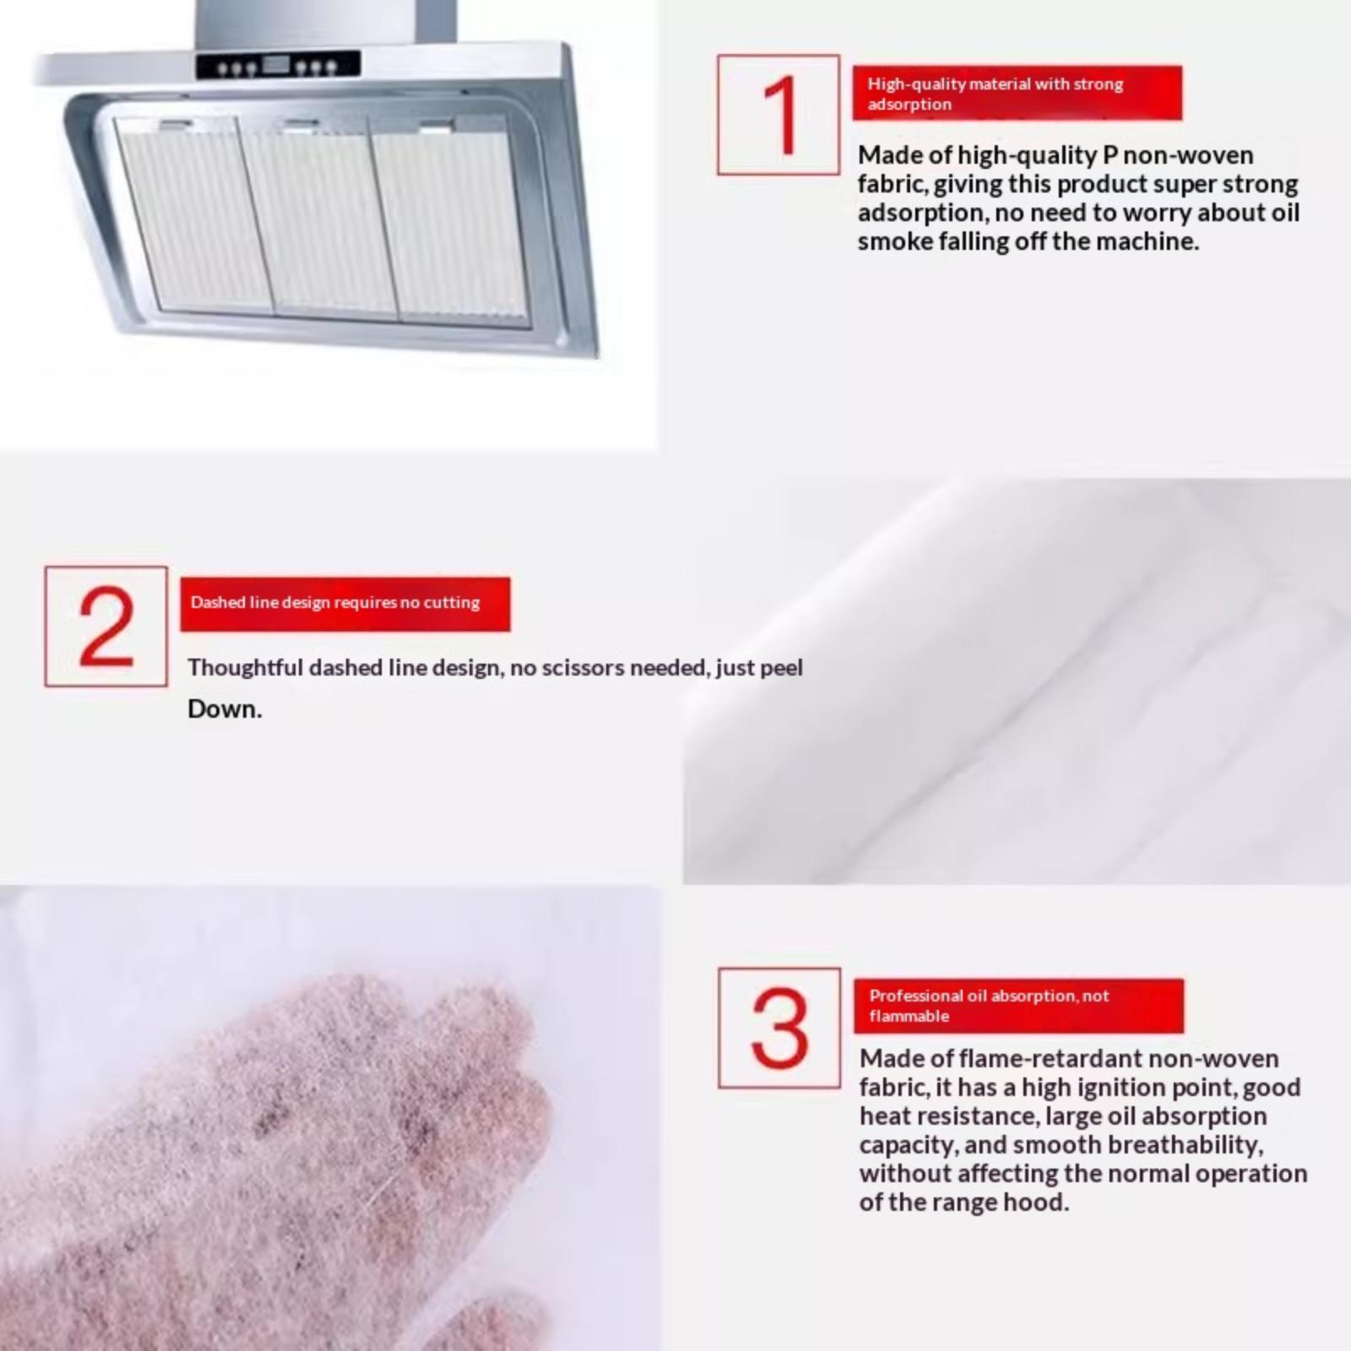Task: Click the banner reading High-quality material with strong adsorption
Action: click(x=1017, y=93)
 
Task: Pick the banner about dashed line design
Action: click(x=345, y=604)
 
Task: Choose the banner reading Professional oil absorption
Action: click(x=1019, y=1006)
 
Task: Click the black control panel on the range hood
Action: click(x=279, y=65)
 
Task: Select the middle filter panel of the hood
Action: click(x=319, y=218)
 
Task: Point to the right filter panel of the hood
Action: click(x=452, y=221)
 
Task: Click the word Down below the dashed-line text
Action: click(x=225, y=708)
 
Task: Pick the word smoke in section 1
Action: click(x=893, y=241)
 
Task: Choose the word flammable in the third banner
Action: click(x=909, y=1016)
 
